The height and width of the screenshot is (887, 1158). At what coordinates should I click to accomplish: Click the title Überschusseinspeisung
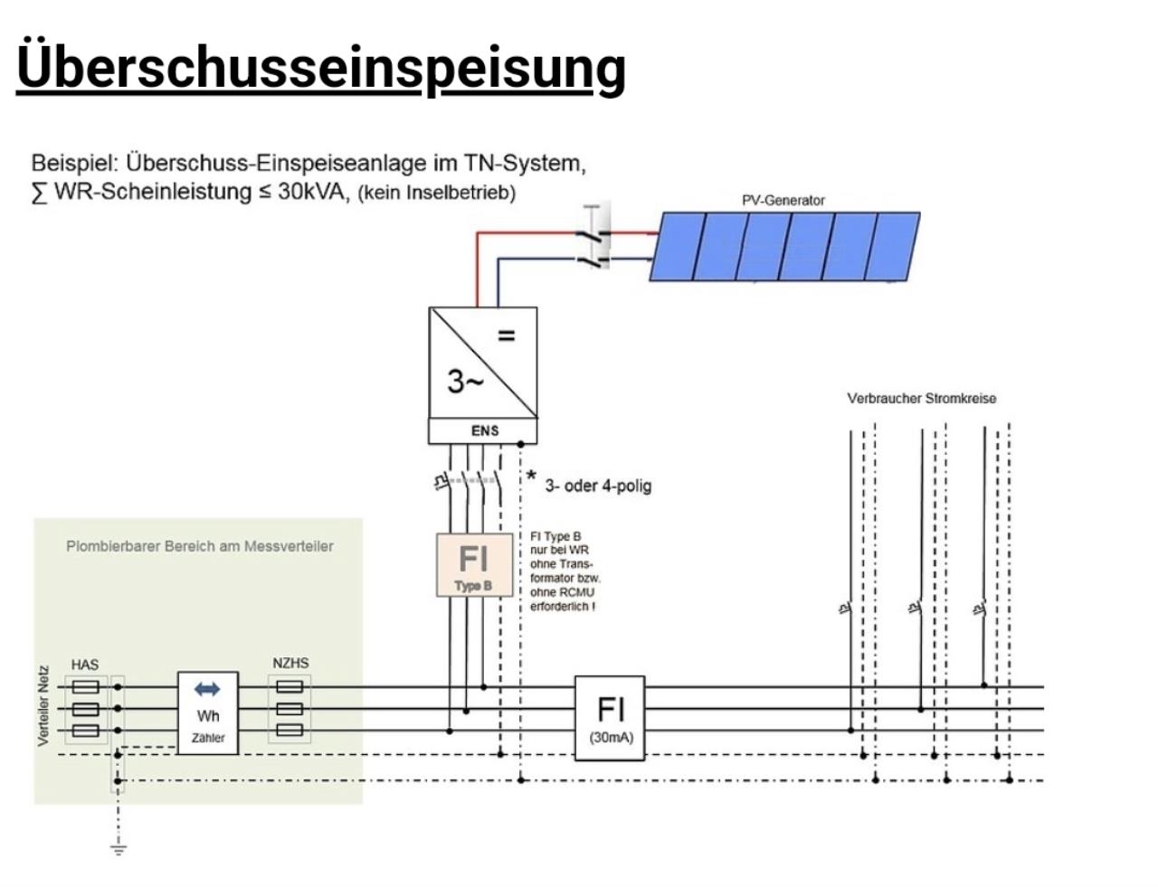coord(321,65)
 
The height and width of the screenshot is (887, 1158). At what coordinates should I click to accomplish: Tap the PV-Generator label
coord(783,200)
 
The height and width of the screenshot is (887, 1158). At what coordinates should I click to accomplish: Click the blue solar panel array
coord(784,246)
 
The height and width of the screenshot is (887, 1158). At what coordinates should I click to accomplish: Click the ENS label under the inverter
coord(484,430)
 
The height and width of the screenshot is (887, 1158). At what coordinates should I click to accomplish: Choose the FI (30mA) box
coord(610,717)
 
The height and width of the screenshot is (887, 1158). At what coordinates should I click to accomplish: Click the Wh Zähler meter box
coord(208,713)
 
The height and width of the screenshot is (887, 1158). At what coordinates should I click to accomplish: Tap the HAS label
coord(84,665)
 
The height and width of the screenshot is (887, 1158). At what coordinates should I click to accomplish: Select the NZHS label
coord(290,663)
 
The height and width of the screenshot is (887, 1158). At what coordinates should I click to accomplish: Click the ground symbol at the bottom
coord(118,847)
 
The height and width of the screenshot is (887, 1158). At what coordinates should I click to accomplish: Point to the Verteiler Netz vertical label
coord(43,706)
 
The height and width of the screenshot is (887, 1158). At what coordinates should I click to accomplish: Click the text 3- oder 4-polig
coord(598,486)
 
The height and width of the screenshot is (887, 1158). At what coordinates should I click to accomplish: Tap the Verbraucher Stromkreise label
coord(921,398)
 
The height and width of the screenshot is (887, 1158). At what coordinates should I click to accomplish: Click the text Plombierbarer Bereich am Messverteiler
coord(199,546)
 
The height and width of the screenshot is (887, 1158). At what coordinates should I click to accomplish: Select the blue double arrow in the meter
coord(207,690)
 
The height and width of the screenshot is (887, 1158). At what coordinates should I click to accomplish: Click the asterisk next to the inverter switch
coord(531,477)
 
